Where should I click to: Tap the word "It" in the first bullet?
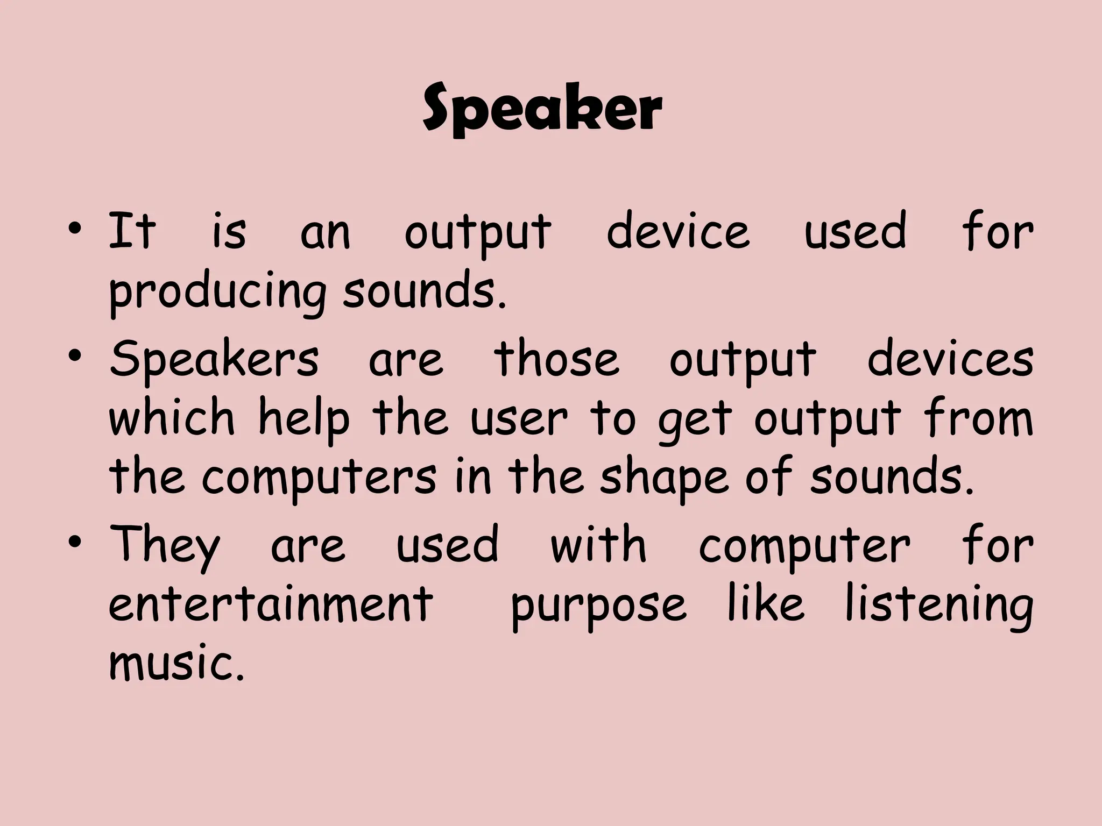132,232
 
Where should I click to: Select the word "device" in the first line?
678,232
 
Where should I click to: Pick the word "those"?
556,359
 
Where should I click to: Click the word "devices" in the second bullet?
950,359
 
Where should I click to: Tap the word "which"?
172,418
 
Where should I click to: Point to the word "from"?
978,418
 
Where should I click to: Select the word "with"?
598,544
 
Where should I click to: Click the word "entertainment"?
271,603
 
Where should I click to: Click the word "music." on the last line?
176,663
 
